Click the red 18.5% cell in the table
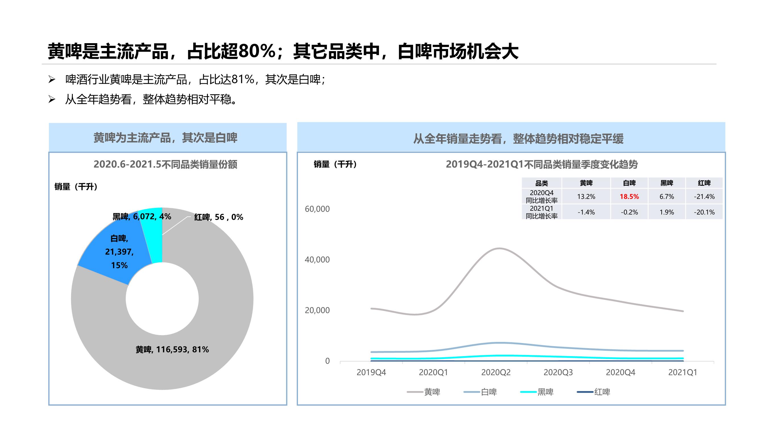(629, 197)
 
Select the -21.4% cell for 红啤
(704, 197)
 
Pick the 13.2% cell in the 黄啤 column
(586, 197)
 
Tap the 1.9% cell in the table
(667, 212)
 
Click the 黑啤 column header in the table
(667, 183)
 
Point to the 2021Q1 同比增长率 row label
(541, 212)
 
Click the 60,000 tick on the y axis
(317, 209)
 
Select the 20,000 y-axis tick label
(317, 310)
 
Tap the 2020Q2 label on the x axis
(496, 373)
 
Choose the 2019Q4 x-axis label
(371, 373)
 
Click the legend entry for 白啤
(480, 392)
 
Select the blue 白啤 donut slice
(118, 250)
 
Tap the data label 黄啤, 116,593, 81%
(172, 350)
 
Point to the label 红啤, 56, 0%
(219, 217)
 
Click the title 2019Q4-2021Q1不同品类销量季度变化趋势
(542, 164)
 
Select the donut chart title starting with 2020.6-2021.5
(165, 164)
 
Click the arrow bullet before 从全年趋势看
(52, 99)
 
